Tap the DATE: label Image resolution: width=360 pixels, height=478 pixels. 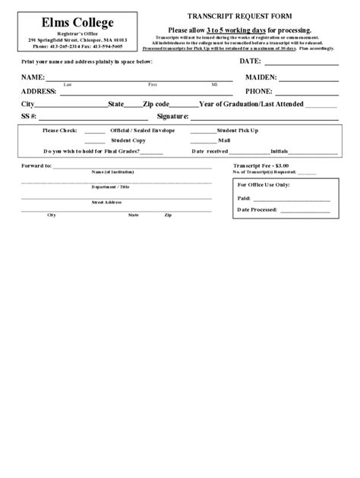coord(250,61)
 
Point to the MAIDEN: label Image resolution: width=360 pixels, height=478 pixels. coord(261,78)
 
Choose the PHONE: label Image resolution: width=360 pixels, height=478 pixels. coord(259,91)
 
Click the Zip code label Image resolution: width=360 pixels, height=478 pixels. coord(156,104)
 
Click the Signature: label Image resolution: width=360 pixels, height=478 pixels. coord(172,117)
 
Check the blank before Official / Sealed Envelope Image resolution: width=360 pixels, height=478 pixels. coord(95,131)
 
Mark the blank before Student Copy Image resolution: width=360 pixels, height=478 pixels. coord(95,141)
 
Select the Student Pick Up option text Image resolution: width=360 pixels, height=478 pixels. coord(238,131)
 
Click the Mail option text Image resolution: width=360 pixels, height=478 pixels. coord(224,140)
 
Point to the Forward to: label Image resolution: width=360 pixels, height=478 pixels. coord(36,165)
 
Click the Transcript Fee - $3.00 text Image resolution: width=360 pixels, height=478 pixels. coord(261,165)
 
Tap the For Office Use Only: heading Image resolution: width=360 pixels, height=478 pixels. coord(264,184)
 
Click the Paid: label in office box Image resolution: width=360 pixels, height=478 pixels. coord(244,197)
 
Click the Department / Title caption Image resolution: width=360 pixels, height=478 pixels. coord(111,186)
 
